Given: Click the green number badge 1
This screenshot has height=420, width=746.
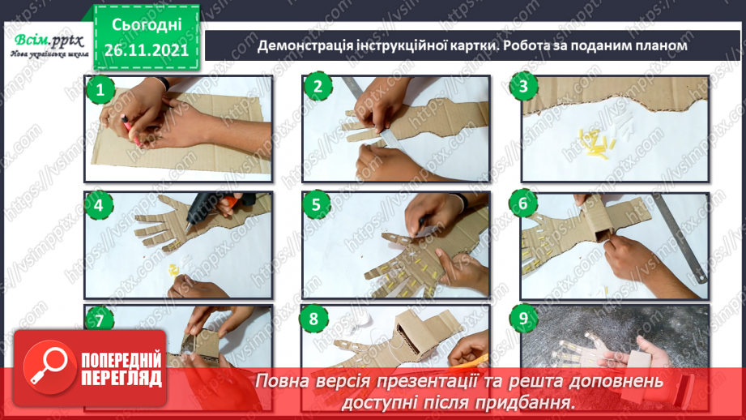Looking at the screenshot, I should pyautogui.click(x=100, y=89).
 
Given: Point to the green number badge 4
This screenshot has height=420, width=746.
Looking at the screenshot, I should pyautogui.click(x=100, y=205).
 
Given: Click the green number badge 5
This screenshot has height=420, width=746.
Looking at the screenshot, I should pyautogui.click(x=318, y=205).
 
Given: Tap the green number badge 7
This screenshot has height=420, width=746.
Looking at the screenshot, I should pyautogui.click(x=100, y=320).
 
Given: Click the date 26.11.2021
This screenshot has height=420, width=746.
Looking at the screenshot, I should pyautogui.click(x=146, y=49).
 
